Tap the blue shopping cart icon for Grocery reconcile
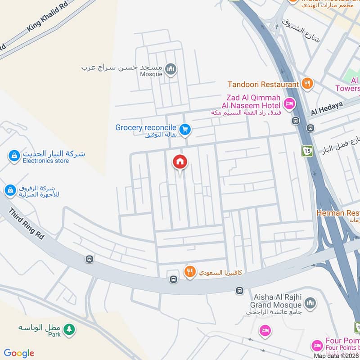pyautogui.click(x=184, y=130)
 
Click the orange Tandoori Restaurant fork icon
pyautogui.click(x=307, y=83)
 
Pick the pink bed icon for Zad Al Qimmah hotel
pyautogui.click(x=289, y=103)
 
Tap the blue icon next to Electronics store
pyautogui.click(x=14, y=156)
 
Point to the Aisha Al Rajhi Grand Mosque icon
pyautogui.click(x=310, y=304)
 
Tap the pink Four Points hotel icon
pyautogui.click(x=317, y=346)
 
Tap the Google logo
pyautogui.click(x=19, y=353)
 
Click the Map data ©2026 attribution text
pyautogui.click(x=336, y=355)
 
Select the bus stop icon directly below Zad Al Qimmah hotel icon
pyautogui.click(x=296, y=121)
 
